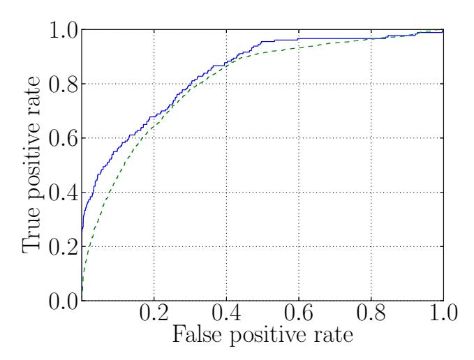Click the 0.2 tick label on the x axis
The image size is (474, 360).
[x=154, y=313]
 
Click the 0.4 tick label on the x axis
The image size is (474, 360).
[x=225, y=313]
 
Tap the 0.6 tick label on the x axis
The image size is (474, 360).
[x=298, y=313]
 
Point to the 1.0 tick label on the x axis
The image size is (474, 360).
[x=443, y=313]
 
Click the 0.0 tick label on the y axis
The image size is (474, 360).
[x=61, y=301]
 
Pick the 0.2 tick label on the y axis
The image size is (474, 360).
[x=61, y=246]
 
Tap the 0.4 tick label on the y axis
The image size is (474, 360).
[x=61, y=193]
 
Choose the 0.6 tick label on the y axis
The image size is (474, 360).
[x=61, y=138]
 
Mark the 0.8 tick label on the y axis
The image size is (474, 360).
[x=61, y=84]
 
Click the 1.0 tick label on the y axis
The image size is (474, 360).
[x=61, y=31]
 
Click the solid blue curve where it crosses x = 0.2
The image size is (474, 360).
[x=154, y=116]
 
